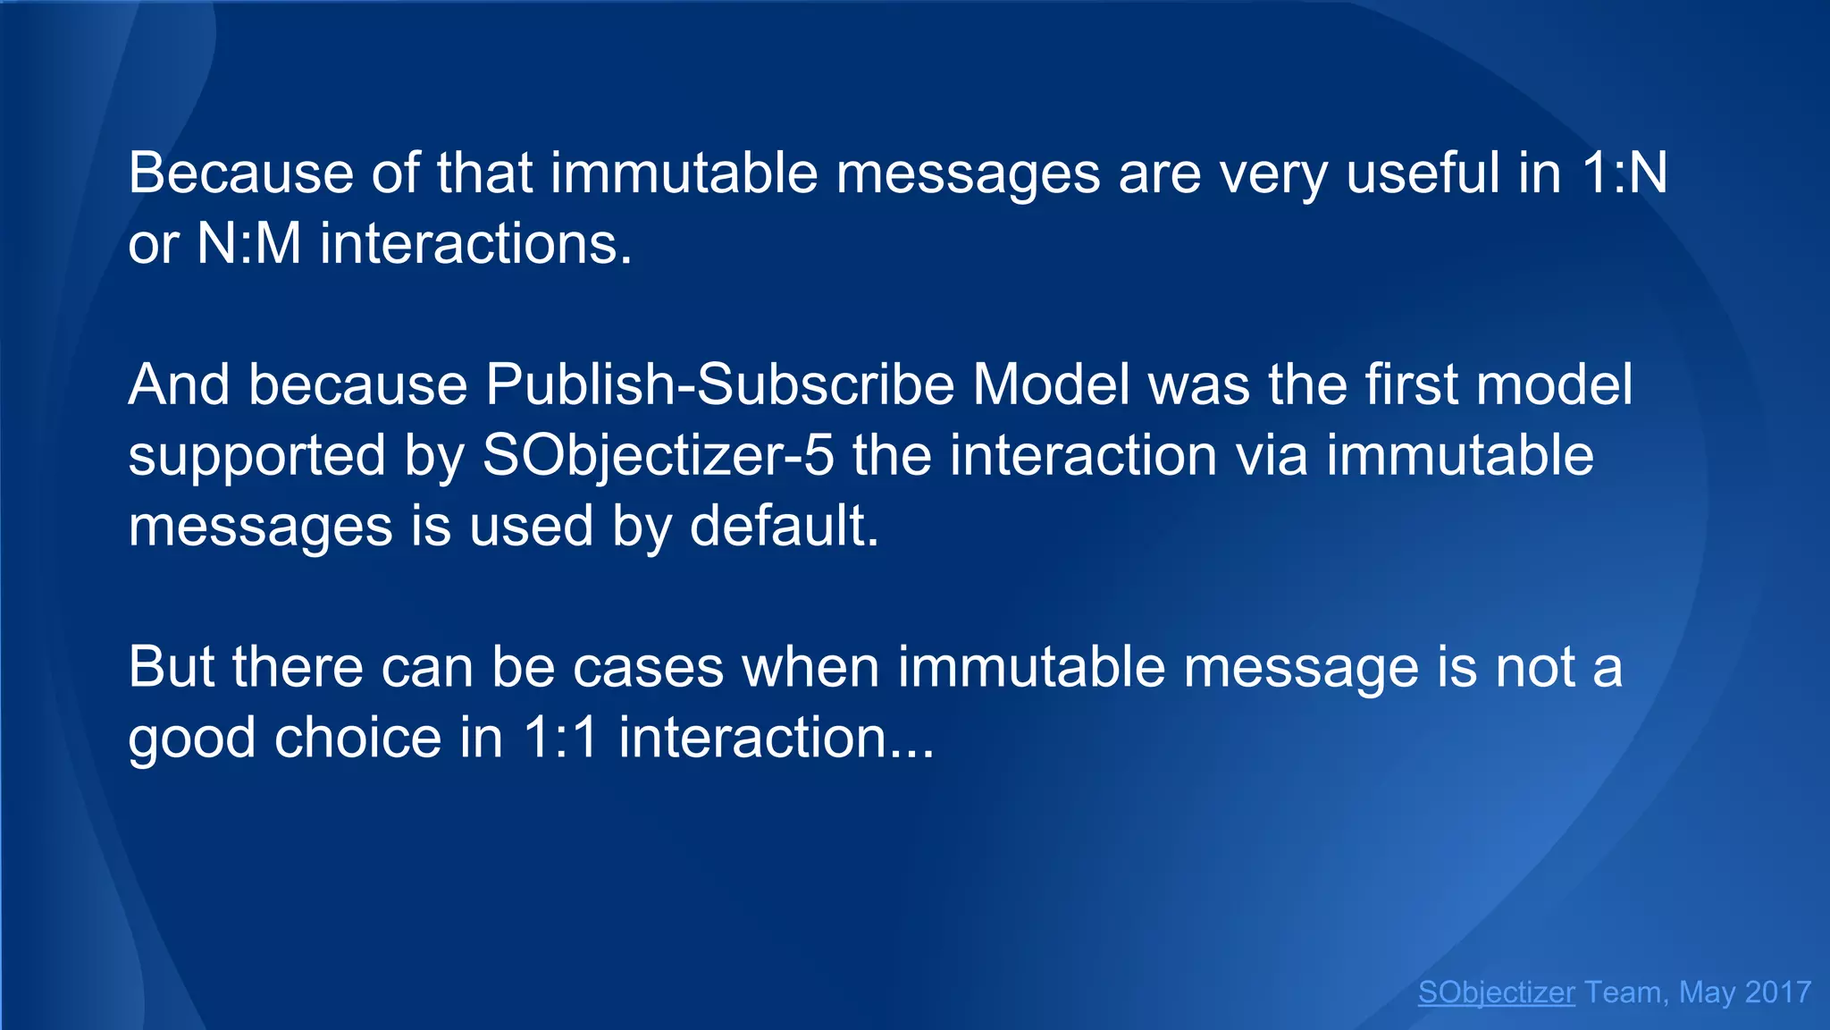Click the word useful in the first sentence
[x=1423, y=173]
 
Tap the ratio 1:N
[x=1624, y=173]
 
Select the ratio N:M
[x=248, y=243]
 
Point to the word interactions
[x=476, y=243]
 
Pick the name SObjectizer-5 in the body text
[x=658, y=456]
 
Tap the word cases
[x=648, y=668]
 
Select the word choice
[x=358, y=739]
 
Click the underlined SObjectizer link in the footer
[x=1496, y=992]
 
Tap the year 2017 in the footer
[x=1777, y=992]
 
